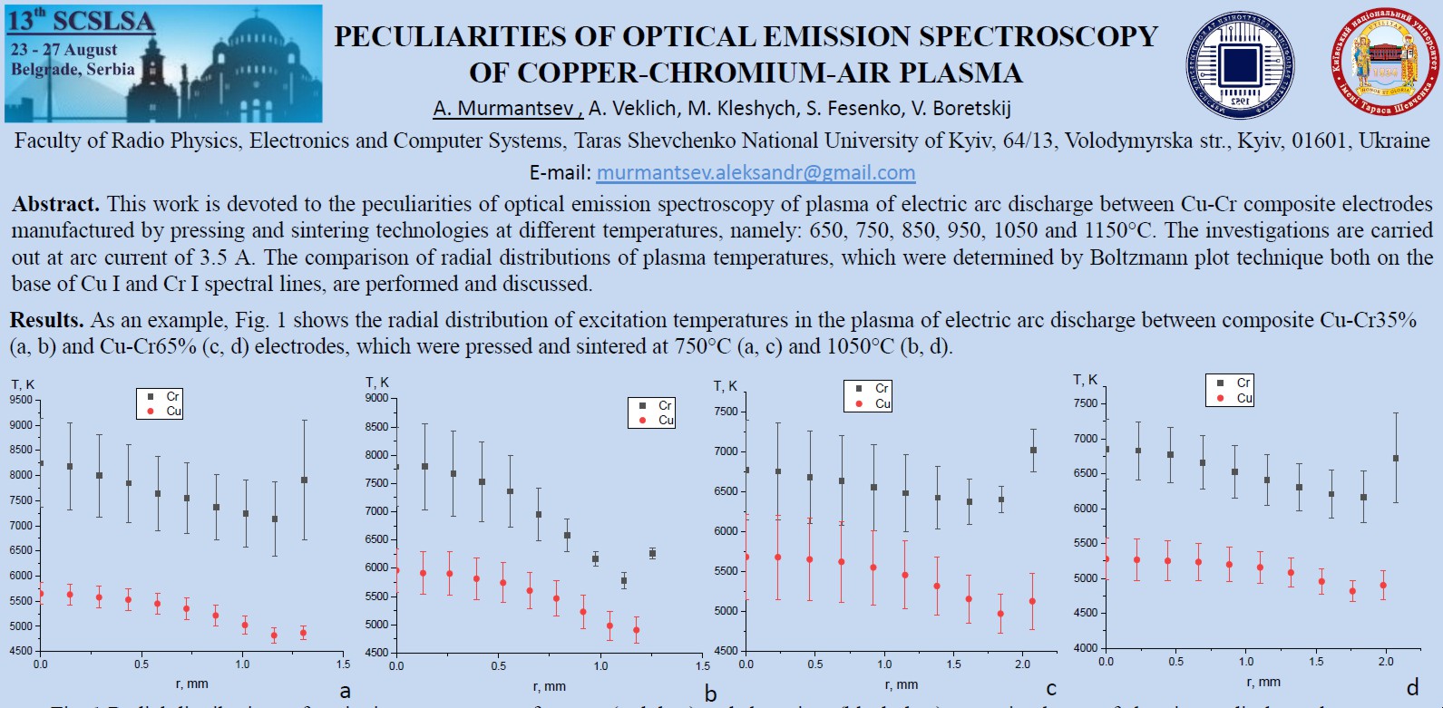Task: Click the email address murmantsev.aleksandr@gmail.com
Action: [x=756, y=172]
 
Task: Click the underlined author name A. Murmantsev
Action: [x=506, y=109]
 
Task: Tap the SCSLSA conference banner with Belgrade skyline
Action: [x=163, y=63]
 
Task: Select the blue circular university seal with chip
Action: [x=1240, y=65]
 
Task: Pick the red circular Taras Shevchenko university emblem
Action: [x=1385, y=63]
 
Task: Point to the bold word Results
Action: [x=46, y=320]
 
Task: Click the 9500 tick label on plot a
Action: [x=21, y=400]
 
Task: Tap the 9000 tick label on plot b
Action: [x=376, y=398]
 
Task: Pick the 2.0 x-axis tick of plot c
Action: [x=1022, y=664]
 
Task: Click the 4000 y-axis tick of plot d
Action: [x=1085, y=648]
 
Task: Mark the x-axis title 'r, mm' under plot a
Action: [x=192, y=684]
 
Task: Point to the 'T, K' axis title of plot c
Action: [x=726, y=386]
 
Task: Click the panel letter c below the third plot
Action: [x=1051, y=689]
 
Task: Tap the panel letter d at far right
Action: [x=1412, y=688]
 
